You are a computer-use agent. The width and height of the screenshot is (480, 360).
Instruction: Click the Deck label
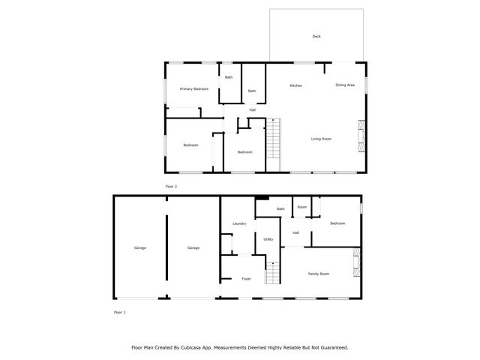316,36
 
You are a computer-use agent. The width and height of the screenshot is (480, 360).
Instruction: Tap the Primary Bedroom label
193,89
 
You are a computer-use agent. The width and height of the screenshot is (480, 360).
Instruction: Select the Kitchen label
295,85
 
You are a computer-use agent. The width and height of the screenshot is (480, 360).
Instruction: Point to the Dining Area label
344,85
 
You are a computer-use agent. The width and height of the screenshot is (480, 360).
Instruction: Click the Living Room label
322,139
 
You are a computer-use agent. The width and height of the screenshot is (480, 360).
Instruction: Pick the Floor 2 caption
171,186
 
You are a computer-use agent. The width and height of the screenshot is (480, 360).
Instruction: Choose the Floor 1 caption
119,311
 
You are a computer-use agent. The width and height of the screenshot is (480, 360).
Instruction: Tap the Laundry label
239,223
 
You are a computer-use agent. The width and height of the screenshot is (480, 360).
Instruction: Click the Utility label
268,239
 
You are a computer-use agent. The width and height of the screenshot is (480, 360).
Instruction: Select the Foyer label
245,279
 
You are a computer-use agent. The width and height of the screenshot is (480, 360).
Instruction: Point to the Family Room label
319,274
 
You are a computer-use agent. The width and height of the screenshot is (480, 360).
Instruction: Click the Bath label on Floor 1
280,208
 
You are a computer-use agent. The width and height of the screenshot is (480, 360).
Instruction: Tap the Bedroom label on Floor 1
337,223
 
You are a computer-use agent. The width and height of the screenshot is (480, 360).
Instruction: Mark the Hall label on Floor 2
253,110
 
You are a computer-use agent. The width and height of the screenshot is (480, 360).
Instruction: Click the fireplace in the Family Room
357,264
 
